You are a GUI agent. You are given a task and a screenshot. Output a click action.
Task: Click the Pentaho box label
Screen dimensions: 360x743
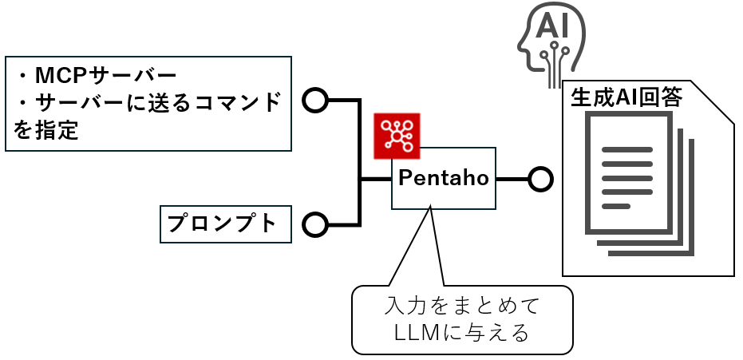pyautogui.click(x=444, y=178)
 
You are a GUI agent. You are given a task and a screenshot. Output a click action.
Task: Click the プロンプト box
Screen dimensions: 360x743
pyautogui.click(x=222, y=224)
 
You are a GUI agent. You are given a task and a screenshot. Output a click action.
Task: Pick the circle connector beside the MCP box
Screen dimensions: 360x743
pyautogui.click(x=315, y=101)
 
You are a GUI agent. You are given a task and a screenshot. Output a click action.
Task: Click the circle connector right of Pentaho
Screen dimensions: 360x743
pyautogui.click(x=540, y=179)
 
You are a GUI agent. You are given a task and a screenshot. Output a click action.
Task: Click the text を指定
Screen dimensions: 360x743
pyautogui.click(x=46, y=129)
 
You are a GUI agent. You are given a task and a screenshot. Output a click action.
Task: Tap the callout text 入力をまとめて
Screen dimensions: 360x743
pyautogui.click(x=462, y=307)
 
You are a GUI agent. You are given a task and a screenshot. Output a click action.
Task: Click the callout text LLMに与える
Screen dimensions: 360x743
pyautogui.click(x=462, y=334)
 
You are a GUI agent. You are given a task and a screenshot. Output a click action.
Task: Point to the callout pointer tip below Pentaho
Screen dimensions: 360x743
pyautogui.click(x=430, y=208)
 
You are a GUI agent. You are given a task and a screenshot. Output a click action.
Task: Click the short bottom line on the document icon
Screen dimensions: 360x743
pyautogui.click(x=615, y=206)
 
